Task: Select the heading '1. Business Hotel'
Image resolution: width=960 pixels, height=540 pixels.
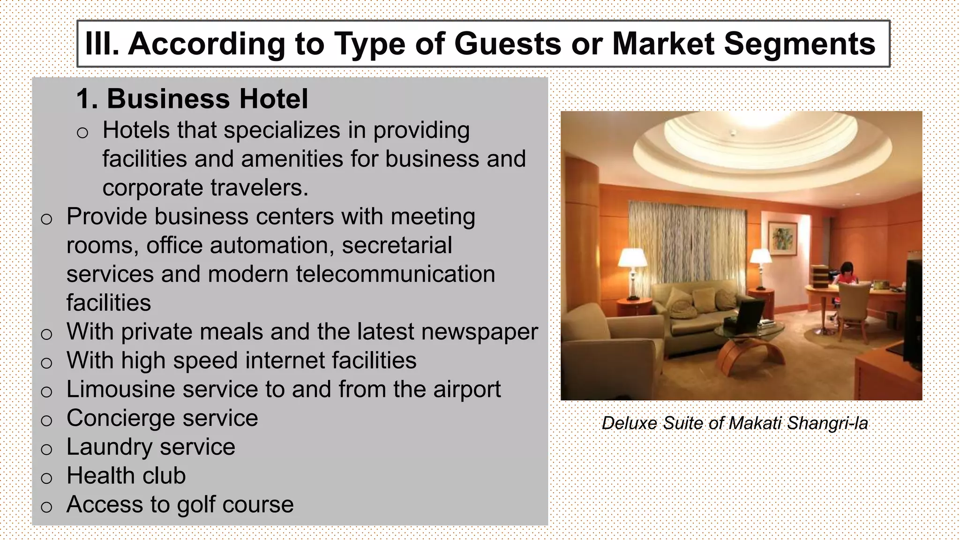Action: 192,99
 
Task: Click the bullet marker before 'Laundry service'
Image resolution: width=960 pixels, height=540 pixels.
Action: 46,450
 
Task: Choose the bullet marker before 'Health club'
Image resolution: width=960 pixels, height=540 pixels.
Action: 46,478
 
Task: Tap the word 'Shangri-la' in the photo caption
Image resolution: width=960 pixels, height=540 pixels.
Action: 827,423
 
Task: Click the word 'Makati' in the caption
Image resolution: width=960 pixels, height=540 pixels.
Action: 755,423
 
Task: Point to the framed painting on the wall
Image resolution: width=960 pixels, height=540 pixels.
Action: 782,238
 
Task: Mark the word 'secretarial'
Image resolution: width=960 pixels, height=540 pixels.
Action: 397,246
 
